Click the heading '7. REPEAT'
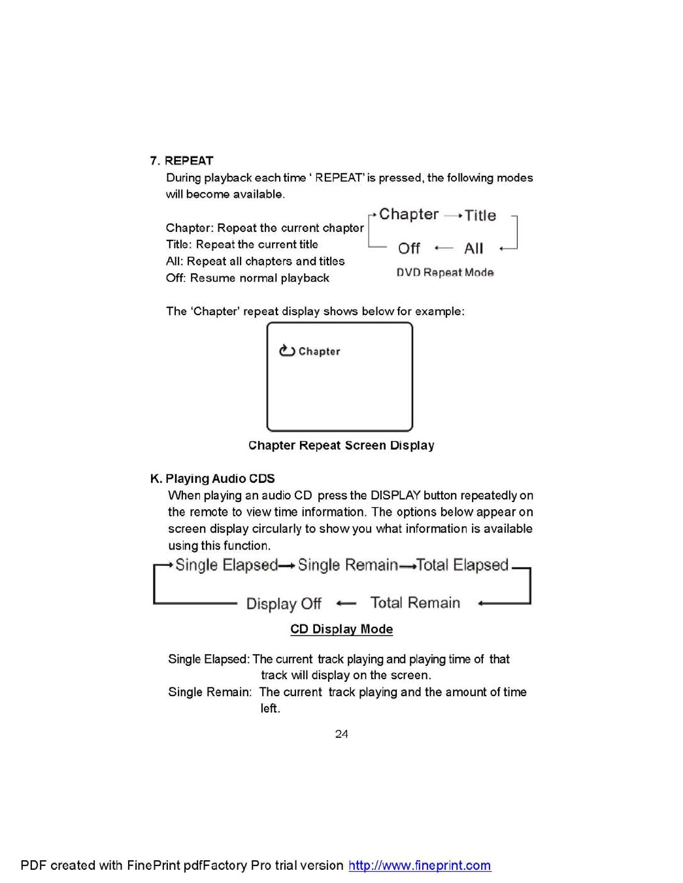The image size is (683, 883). [x=182, y=161]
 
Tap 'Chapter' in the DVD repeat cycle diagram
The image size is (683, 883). [x=408, y=214]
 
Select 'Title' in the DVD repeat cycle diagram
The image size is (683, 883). [x=480, y=215]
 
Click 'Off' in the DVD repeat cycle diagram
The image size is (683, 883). [x=408, y=248]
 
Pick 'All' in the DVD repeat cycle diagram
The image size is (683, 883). [x=473, y=248]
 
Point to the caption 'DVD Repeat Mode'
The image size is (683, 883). [x=444, y=273]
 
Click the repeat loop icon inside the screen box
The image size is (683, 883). [x=287, y=351]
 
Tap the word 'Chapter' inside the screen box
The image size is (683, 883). [x=319, y=352]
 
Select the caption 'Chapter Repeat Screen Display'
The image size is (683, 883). [x=341, y=445]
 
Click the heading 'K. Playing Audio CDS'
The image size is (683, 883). [x=212, y=478]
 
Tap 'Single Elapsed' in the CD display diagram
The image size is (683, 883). [x=226, y=565]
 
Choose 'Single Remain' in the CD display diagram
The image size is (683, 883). [x=347, y=565]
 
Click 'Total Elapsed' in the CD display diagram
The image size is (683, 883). [x=462, y=565]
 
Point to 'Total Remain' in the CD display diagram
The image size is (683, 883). [x=415, y=603]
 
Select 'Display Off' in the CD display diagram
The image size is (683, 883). [x=284, y=603]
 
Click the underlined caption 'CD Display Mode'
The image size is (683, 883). [x=341, y=629]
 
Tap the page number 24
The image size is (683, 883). [x=341, y=734]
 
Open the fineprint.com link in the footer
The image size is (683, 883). [x=420, y=865]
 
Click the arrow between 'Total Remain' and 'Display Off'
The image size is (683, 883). [x=346, y=603]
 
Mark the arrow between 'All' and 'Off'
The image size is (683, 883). [x=443, y=248]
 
